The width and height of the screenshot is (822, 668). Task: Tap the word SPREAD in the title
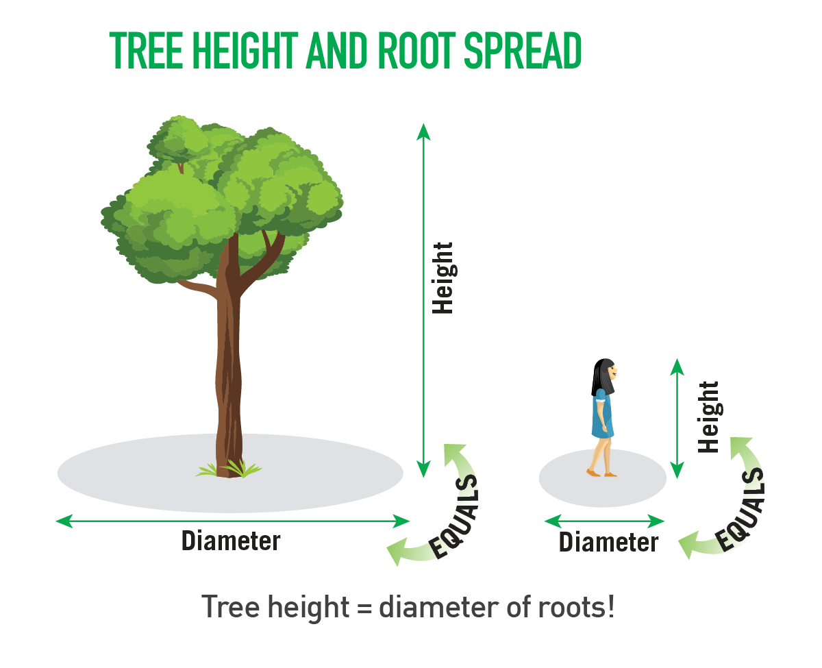523,51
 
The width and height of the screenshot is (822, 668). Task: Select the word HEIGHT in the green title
245,51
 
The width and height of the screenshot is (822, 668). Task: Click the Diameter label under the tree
231,541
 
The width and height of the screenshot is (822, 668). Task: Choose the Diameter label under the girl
608,542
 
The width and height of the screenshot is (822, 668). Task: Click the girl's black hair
601,376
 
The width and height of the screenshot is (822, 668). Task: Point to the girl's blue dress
601,415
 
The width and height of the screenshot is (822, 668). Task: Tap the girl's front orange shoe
610,475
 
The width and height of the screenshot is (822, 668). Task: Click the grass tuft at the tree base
229,469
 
